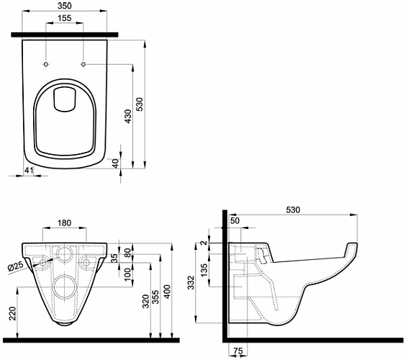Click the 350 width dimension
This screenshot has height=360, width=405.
[65, 6]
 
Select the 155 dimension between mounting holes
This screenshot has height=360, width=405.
[64, 18]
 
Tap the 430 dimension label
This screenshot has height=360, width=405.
[128, 117]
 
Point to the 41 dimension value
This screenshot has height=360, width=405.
[29, 170]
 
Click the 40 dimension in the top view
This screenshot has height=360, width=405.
[115, 163]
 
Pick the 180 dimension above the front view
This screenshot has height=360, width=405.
[64, 222]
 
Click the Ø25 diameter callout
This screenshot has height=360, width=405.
[16, 266]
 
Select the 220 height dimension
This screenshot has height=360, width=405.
[13, 313]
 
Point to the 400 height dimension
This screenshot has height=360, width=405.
[168, 292]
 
